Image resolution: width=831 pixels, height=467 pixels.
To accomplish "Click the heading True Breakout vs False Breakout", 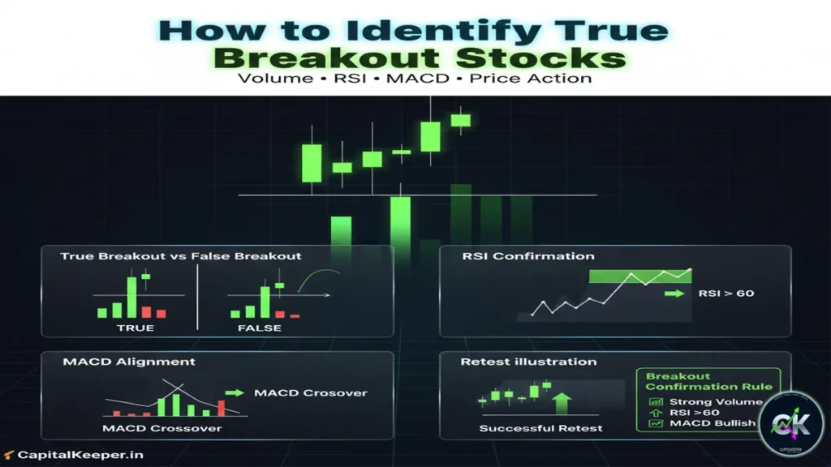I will coord(180,256).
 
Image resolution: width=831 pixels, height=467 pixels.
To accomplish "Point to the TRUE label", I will coord(136,328).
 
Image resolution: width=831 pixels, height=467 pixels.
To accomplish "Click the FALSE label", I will coord(260,328).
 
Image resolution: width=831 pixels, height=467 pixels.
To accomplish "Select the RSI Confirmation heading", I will coord(527,256).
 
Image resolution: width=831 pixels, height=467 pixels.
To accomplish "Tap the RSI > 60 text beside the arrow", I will coord(726,293).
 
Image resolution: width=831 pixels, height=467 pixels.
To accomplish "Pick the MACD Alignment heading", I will coord(129,361).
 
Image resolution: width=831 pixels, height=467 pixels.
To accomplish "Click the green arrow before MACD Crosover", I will coord(235,392).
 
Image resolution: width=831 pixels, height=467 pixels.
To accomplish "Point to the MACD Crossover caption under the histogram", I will coord(161,427).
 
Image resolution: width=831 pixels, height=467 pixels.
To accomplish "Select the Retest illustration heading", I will coord(528,362).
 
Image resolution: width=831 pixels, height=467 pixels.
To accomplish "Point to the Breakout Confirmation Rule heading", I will coord(708,381).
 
